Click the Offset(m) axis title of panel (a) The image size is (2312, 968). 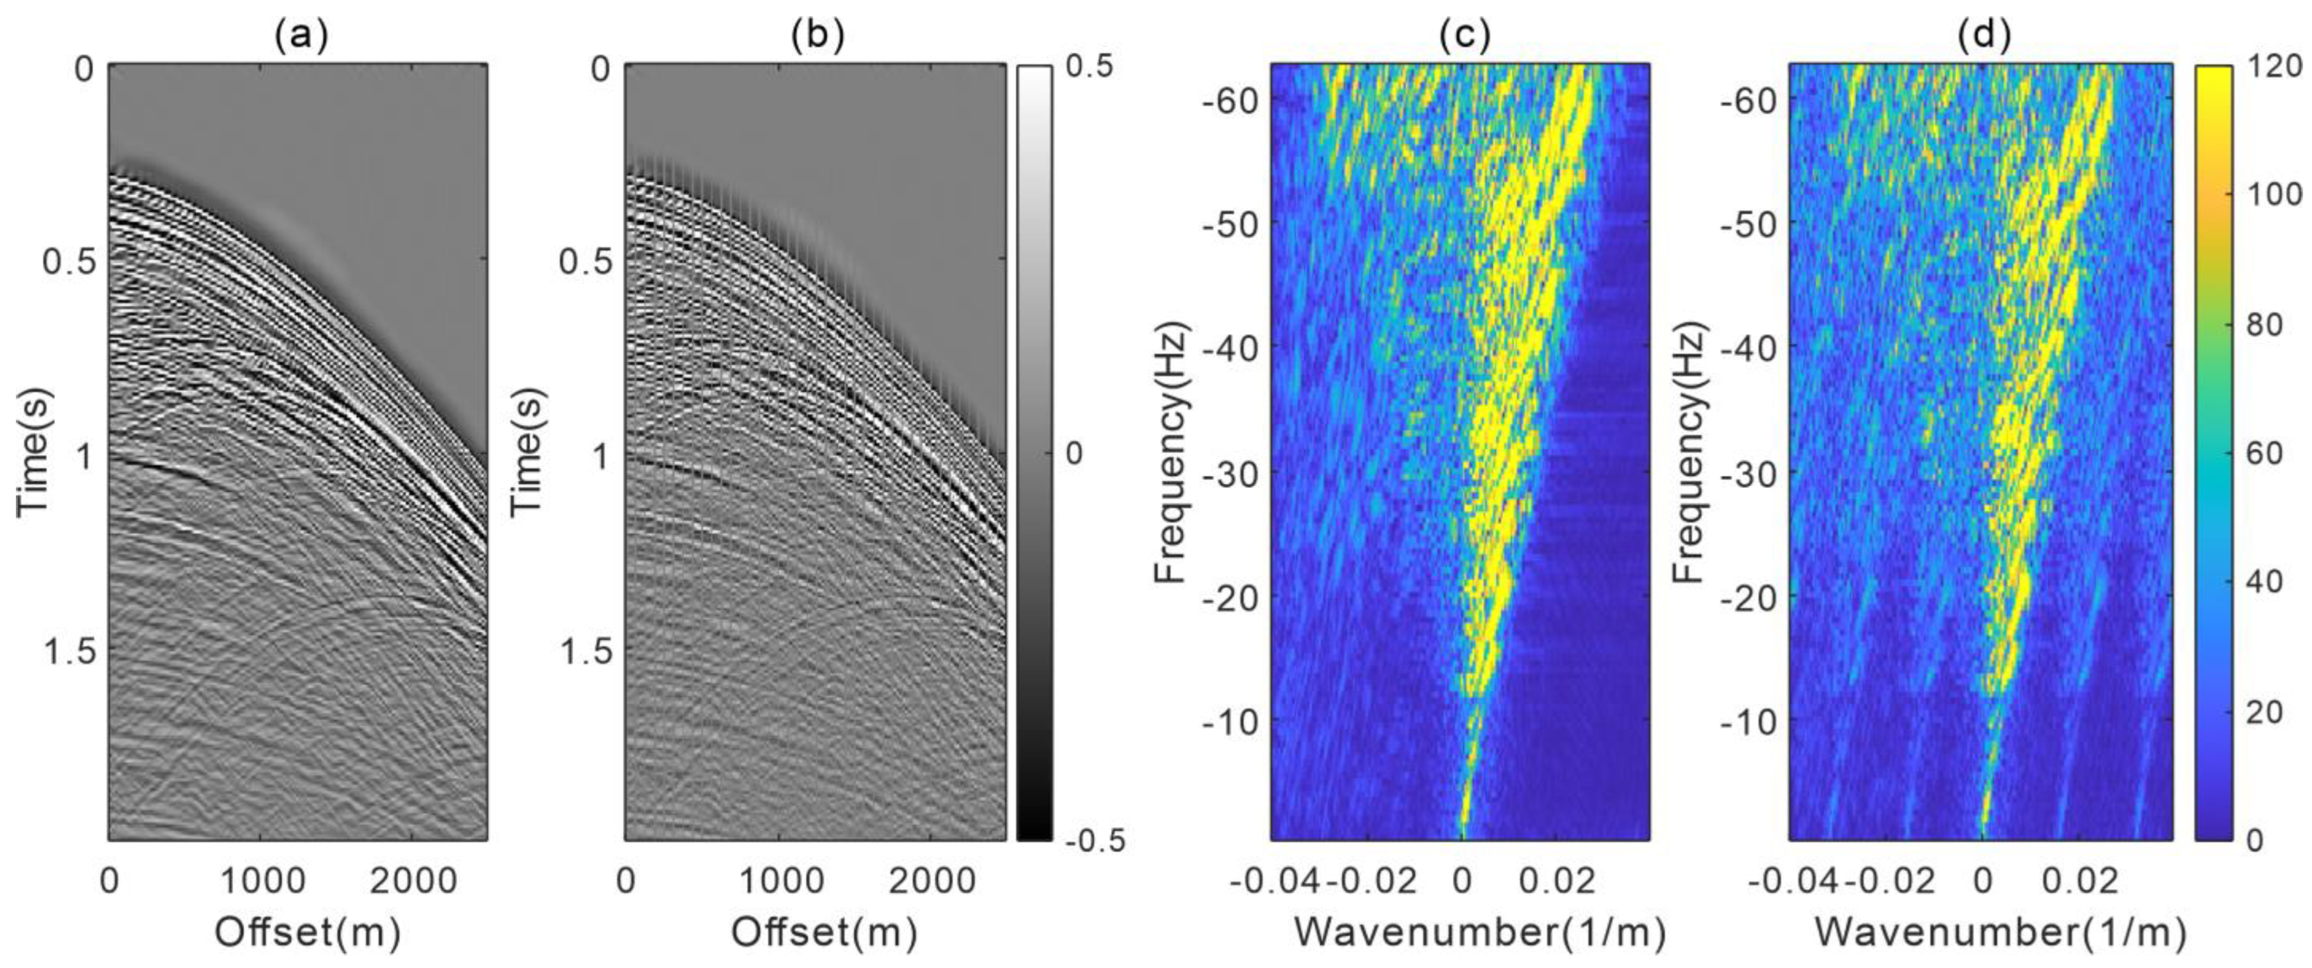tap(307, 933)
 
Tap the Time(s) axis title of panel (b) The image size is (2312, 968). tap(529, 451)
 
